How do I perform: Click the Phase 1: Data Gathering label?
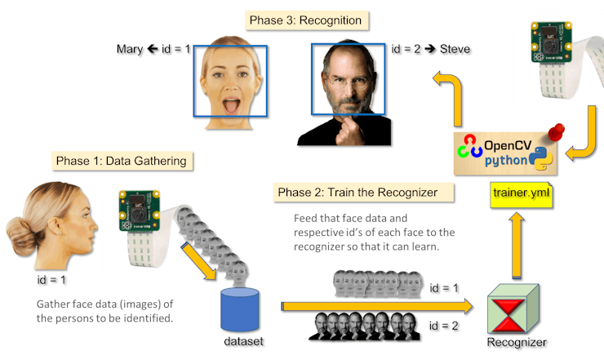121,161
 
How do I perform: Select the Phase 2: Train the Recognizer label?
357,193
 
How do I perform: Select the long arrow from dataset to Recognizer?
375,306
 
